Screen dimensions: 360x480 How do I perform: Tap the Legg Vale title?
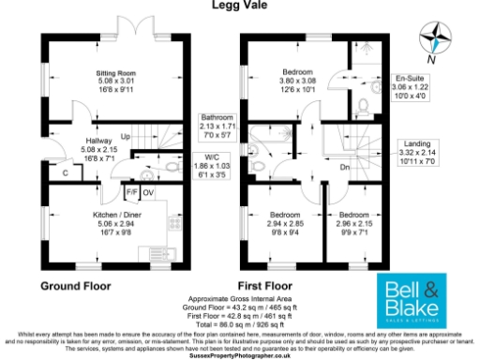[239, 7]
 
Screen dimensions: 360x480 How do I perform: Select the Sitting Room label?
[116, 81]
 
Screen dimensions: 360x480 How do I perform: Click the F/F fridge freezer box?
[133, 193]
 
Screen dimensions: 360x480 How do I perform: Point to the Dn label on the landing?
[345, 168]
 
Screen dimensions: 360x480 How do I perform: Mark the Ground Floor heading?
[76, 285]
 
